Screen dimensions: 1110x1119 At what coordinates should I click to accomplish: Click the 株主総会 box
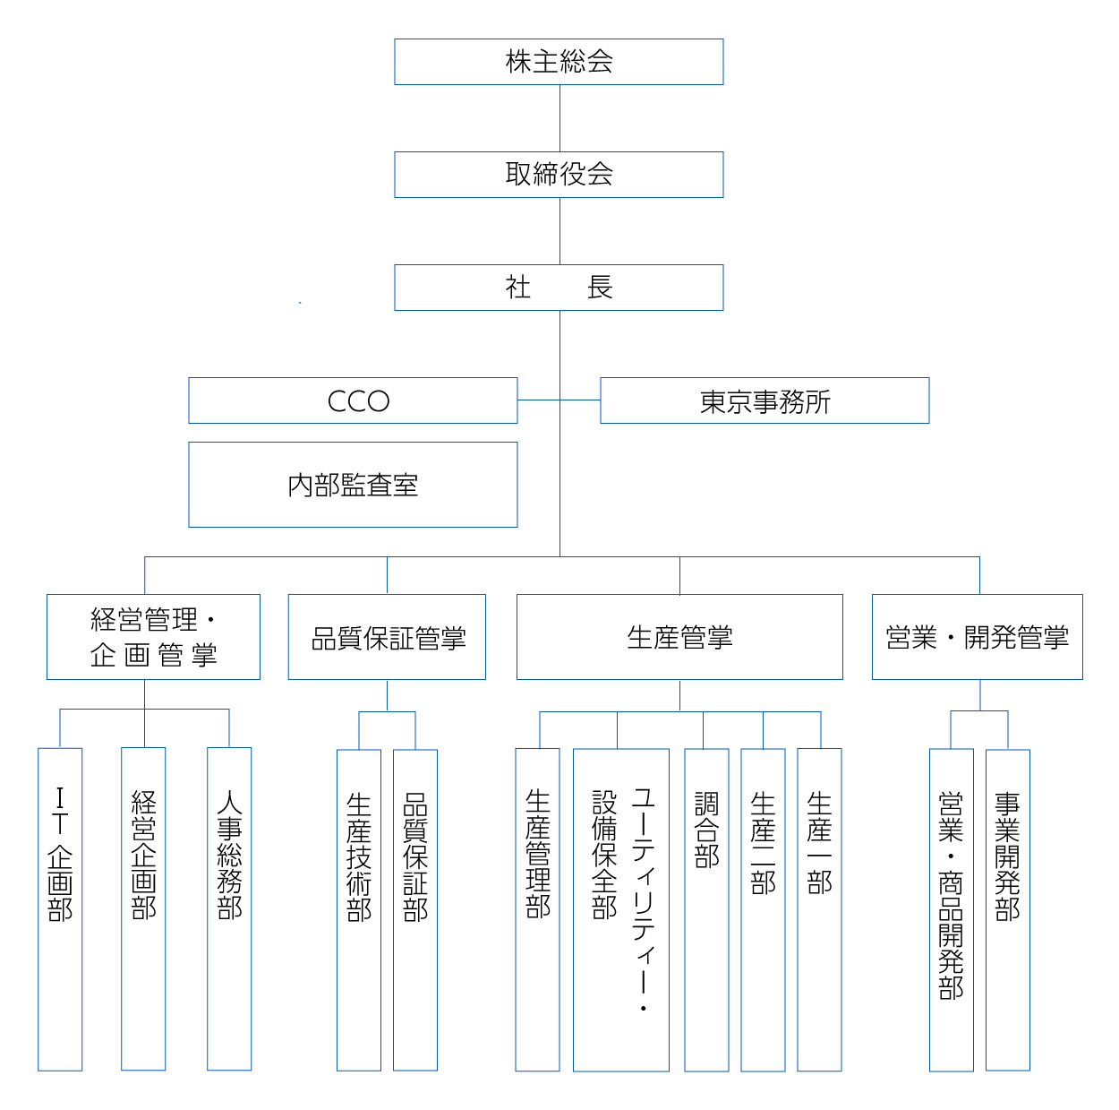tap(559, 62)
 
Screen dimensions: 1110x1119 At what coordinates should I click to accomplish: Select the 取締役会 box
tap(559, 175)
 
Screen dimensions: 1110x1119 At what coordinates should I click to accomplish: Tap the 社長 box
tap(559, 288)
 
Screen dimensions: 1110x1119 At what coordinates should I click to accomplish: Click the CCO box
tap(353, 400)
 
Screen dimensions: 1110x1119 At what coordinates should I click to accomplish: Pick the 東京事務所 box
tap(765, 400)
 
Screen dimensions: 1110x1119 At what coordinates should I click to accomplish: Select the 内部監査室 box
tap(353, 485)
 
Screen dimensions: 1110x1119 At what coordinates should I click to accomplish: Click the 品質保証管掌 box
tap(387, 637)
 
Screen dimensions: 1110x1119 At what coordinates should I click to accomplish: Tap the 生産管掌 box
tap(679, 637)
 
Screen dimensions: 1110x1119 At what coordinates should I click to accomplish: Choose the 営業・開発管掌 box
tap(977, 637)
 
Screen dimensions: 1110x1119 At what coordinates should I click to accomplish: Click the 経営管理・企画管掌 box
tap(153, 637)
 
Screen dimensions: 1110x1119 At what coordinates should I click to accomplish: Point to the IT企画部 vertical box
tap(60, 909)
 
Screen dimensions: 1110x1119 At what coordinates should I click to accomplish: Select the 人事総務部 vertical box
tap(229, 909)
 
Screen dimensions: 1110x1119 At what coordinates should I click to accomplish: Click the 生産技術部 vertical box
tap(359, 909)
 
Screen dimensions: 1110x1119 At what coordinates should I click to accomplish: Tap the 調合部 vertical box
tap(706, 909)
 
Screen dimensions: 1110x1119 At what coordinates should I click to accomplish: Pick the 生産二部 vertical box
tap(763, 909)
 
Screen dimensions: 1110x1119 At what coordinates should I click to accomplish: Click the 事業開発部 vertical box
tap(1008, 909)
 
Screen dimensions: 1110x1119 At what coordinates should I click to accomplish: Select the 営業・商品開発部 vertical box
tap(951, 909)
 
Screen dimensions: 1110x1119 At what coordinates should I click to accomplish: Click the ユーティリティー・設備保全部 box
tap(621, 909)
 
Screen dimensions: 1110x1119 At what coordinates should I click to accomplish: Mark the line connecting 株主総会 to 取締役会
tap(559, 118)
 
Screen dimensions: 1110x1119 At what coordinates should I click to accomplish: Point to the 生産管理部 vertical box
tap(537, 909)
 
